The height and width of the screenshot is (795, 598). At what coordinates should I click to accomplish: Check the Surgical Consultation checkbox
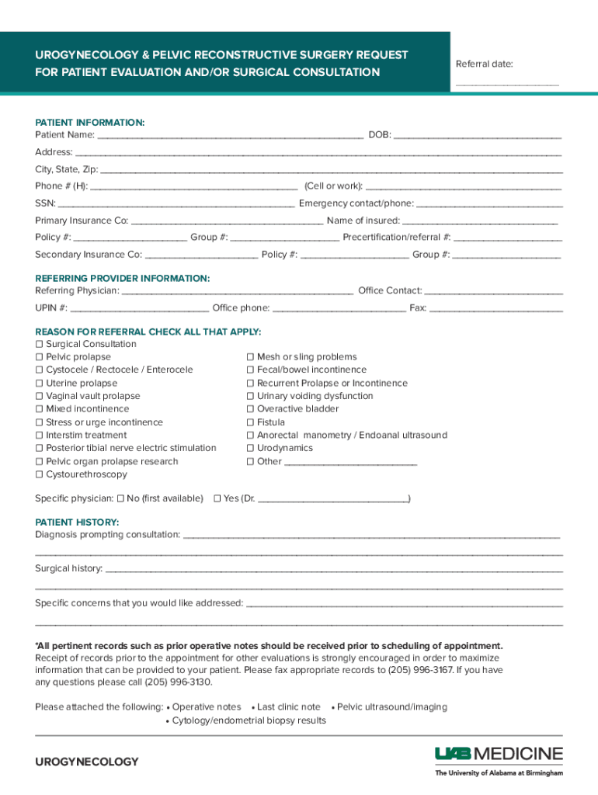pyautogui.click(x=39, y=344)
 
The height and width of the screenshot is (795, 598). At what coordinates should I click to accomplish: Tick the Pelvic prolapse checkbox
pyautogui.click(x=39, y=357)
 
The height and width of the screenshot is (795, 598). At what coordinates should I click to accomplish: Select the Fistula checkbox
pyautogui.click(x=250, y=422)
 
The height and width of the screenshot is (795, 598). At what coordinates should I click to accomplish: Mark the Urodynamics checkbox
pyautogui.click(x=250, y=448)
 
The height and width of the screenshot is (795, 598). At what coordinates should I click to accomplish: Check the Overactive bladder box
pyautogui.click(x=250, y=409)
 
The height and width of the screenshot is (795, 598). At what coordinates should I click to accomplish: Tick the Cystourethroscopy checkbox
pyautogui.click(x=39, y=474)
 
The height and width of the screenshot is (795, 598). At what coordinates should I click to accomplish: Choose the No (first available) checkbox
pyautogui.click(x=120, y=498)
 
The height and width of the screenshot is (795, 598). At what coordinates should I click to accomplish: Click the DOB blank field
pyautogui.click(x=477, y=137)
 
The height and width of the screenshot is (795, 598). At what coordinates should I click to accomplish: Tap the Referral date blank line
pyautogui.click(x=506, y=82)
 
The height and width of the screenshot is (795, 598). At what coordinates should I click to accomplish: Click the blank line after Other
pyautogui.click(x=350, y=463)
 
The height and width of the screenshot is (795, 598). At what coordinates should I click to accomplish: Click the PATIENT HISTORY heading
pyautogui.click(x=77, y=522)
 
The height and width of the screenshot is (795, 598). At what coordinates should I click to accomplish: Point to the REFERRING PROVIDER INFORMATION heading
pyautogui.click(x=122, y=278)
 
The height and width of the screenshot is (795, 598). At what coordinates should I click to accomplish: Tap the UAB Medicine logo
pyautogui.click(x=499, y=759)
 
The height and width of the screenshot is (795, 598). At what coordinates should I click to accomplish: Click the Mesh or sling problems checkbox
pyautogui.click(x=250, y=357)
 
